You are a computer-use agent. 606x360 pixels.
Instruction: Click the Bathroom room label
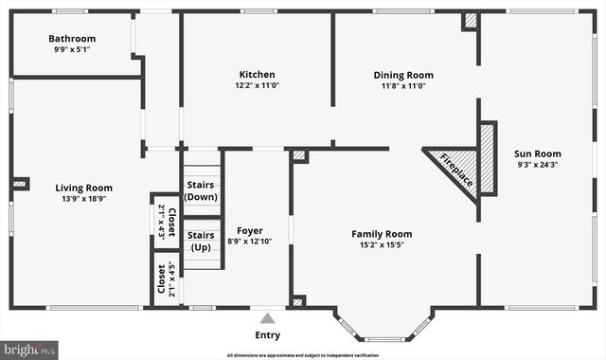[x=73, y=39]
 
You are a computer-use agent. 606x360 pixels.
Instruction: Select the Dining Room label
[x=402, y=75]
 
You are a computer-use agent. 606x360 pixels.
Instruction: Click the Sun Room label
[x=537, y=153]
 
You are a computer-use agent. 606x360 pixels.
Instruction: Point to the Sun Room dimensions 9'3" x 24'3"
[x=537, y=165]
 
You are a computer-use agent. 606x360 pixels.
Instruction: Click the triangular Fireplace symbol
[x=455, y=169]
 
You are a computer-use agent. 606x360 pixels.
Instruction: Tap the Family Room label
[x=382, y=234]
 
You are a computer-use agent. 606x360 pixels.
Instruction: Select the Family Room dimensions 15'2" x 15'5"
[x=382, y=245]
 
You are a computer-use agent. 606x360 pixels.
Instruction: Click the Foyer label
[x=250, y=230]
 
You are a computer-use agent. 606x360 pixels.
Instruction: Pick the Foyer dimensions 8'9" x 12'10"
[x=250, y=242]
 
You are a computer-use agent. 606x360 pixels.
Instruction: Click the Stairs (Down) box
[x=201, y=189]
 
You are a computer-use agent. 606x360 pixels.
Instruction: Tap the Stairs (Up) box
[x=201, y=241]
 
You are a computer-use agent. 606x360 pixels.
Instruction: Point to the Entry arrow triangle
[x=268, y=318]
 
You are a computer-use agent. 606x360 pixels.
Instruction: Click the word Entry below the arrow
[x=268, y=335]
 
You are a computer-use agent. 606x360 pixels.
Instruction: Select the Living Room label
[x=83, y=188]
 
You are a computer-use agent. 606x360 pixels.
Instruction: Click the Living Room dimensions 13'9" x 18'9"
[x=83, y=199]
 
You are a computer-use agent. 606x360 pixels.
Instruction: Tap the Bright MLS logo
[x=29, y=350]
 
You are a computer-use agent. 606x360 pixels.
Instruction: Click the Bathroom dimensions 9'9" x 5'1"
[x=73, y=50]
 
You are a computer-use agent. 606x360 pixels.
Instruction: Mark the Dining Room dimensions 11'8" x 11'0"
[x=402, y=86]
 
